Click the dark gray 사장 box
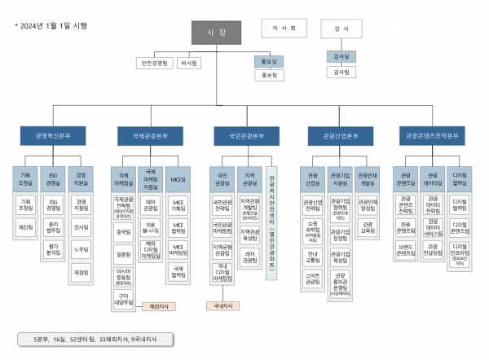point(217,32)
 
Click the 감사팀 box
point(341,72)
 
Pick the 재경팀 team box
point(81,272)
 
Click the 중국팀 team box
point(124,231)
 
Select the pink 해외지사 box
point(152,307)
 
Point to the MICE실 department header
point(177,177)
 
